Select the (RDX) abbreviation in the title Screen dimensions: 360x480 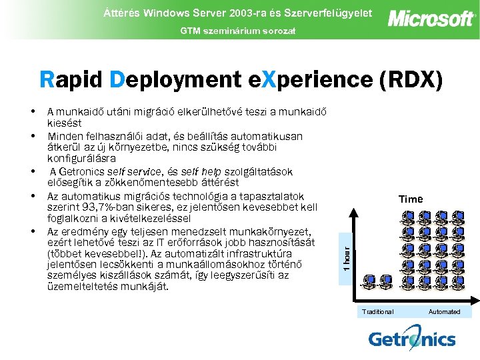pyautogui.click(x=410, y=79)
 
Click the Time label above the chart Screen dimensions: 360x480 pyautogui.click(x=411, y=199)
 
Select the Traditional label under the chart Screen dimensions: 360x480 pyautogui.click(x=377, y=311)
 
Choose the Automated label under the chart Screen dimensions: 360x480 pyautogui.click(x=444, y=311)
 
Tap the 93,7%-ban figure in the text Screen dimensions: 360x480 pyautogui.click(x=100, y=207)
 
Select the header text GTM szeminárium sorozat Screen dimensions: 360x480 pyautogui.click(x=237, y=31)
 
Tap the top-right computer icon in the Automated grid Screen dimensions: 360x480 pyautogui.click(x=458, y=217)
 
